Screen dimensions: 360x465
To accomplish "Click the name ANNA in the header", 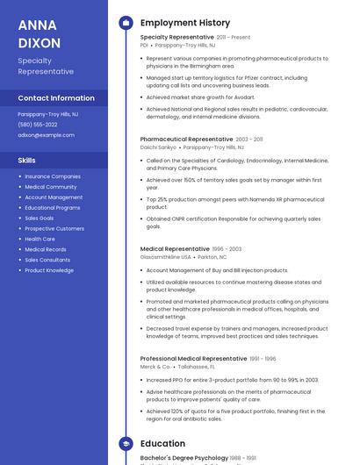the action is pos(37,25).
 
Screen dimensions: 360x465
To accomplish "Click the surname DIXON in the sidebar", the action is pos(40,42).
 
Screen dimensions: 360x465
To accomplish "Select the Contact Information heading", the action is pos(56,98).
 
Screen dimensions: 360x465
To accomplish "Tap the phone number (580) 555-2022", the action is pos(38,125).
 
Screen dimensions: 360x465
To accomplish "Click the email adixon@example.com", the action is pos(46,135).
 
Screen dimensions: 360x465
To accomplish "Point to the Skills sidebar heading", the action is pos(27,161).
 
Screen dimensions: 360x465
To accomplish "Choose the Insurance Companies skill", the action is pos(53,176).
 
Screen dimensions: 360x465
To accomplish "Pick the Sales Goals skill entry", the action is pos(40,218).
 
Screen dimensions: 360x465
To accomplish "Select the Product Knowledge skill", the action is pos(49,270).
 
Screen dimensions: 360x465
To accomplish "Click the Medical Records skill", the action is pos(46,249).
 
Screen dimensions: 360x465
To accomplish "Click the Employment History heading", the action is pos(185,23).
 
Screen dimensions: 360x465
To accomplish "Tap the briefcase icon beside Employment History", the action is pos(126,23).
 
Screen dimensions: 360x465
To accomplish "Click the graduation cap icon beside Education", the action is pos(126,444).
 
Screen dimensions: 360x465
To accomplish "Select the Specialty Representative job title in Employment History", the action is pos(176,37).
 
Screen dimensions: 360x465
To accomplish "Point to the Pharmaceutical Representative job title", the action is pos(186,139).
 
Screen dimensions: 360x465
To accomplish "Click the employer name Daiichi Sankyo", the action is pos(158,147).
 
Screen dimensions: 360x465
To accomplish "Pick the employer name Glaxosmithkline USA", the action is pos(166,257).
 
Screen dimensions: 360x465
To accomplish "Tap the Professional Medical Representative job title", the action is pos(193,358).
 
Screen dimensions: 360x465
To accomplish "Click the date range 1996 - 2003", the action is pos(227,248).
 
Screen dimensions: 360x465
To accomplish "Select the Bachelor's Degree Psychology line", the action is pos(184,458).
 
